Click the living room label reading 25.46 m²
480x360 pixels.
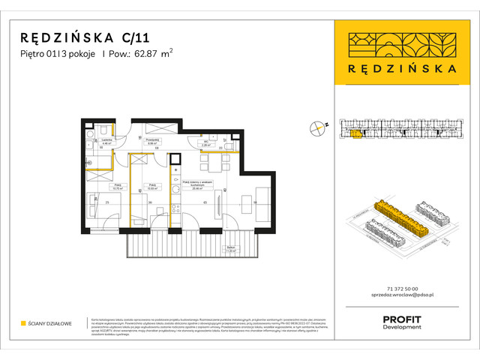tap(199, 183)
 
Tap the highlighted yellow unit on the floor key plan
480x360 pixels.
tap(355, 134)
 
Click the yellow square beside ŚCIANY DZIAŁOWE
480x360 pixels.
tap(24, 324)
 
